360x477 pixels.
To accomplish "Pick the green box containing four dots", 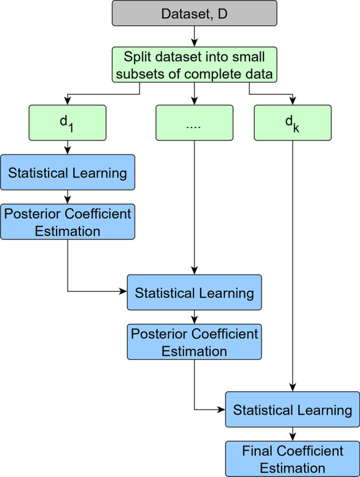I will coord(194,122).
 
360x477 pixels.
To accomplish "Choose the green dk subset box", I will coord(292,122).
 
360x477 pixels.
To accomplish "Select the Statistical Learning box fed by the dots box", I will coord(194,293).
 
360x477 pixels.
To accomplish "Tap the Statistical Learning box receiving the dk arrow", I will coord(292,410).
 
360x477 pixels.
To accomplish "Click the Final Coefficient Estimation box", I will coord(292,458).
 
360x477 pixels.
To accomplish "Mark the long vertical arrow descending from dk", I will coord(292,263).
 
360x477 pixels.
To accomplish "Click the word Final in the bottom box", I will coord(256,451).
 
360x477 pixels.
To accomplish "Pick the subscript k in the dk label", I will coord(296,127).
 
